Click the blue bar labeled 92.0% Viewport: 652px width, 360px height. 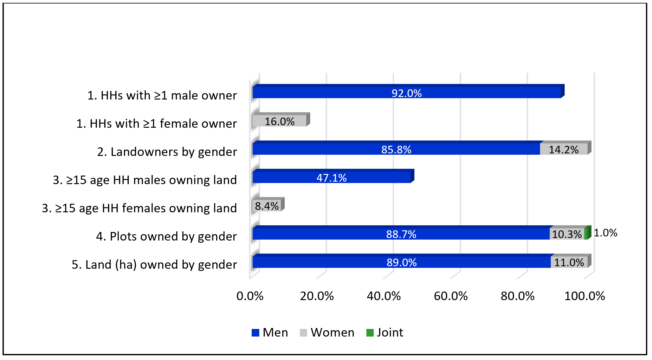[349, 93]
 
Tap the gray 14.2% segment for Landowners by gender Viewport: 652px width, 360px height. [564, 149]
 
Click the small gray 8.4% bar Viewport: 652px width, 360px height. [267, 206]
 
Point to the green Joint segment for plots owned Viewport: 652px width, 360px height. [586, 234]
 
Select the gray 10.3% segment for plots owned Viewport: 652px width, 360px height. [567, 234]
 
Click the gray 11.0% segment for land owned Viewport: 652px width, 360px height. [569, 262]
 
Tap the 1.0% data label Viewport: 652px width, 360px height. [605, 233]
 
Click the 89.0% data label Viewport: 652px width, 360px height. [401, 262]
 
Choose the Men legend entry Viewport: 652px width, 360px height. [270, 332]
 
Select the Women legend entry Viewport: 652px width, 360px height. [327, 332]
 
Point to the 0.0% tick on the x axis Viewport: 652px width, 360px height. [250, 296]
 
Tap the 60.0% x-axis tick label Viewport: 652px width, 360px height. [451, 296]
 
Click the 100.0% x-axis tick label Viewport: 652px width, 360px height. [584, 296]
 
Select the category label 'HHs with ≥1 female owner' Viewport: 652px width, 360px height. [157, 124]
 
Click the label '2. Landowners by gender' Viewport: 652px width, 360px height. [167, 152]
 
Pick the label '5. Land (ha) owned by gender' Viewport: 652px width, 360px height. [154, 265]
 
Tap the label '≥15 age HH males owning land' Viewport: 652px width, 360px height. [145, 180]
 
